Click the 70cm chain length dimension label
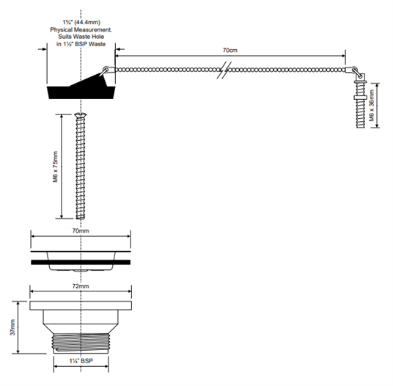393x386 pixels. tap(229, 50)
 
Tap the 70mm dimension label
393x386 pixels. tap(81, 230)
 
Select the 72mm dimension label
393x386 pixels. tap(81, 286)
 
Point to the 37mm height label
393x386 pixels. tap(12, 327)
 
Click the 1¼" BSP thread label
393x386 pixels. tap(81, 361)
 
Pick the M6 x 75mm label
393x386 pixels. tap(56, 167)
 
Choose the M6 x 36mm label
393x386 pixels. tap(372, 106)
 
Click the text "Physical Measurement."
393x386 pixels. tap(81, 29)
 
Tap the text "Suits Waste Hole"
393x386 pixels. tap(81, 37)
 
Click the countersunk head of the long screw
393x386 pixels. tap(81, 115)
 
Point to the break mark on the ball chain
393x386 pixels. tap(224, 70)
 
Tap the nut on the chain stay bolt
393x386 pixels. tap(361, 98)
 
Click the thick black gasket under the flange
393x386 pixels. tap(81, 262)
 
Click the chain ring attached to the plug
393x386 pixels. tap(106, 68)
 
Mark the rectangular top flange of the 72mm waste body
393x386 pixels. tap(81, 305)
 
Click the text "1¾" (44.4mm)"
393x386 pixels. tap(81, 22)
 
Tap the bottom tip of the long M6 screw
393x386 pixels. tap(81, 218)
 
